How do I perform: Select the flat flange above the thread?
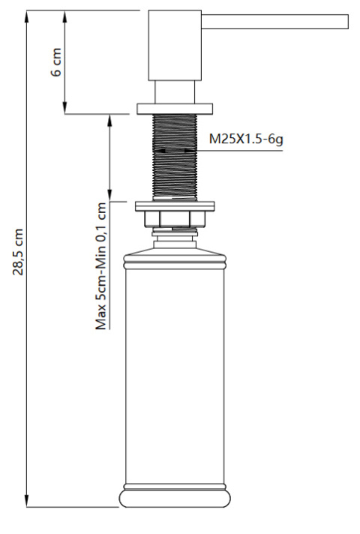click(x=175, y=108)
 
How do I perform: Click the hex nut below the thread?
click(x=175, y=220)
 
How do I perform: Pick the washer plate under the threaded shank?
click(x=175, y=205)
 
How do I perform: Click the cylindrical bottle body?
click(x=175, y=375)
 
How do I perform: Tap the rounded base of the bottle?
click(x=175, y=499)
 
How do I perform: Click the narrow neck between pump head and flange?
click(x=175, y=91)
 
